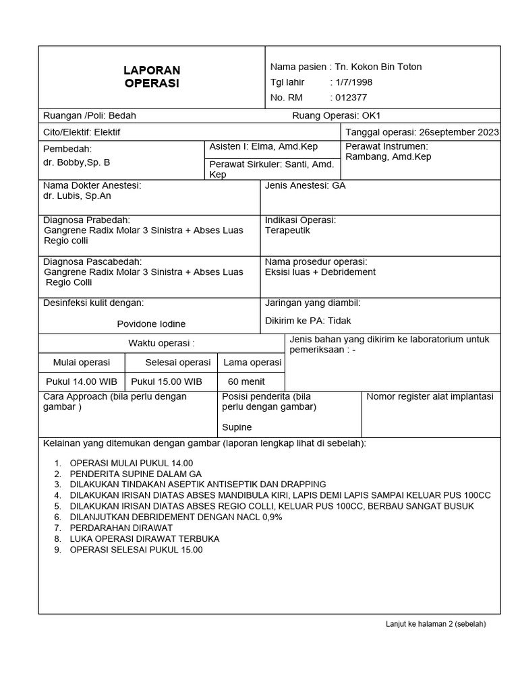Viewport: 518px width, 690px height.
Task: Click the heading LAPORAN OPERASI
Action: click(152, 77)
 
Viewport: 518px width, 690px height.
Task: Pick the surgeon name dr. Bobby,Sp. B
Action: click(76, 162)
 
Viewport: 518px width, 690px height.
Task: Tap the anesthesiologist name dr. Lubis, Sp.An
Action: click(77, 196)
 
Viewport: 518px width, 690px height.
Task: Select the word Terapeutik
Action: click(287, 230)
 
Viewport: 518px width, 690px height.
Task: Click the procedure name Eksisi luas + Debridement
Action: click(320, 272)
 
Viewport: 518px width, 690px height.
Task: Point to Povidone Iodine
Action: click(151, 323)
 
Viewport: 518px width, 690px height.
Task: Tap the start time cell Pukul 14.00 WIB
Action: click(81, 381)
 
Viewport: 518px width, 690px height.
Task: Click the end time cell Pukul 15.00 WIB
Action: click(167, 381)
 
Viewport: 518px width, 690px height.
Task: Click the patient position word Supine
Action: click(237, 427)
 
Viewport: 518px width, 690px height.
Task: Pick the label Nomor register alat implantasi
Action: click(430, 397)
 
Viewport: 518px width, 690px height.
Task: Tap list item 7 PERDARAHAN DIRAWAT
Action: click(121, 528)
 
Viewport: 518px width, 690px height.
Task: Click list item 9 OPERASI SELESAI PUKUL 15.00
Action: click(136, 549)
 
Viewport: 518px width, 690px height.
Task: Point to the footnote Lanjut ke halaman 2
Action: click(435, 624)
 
